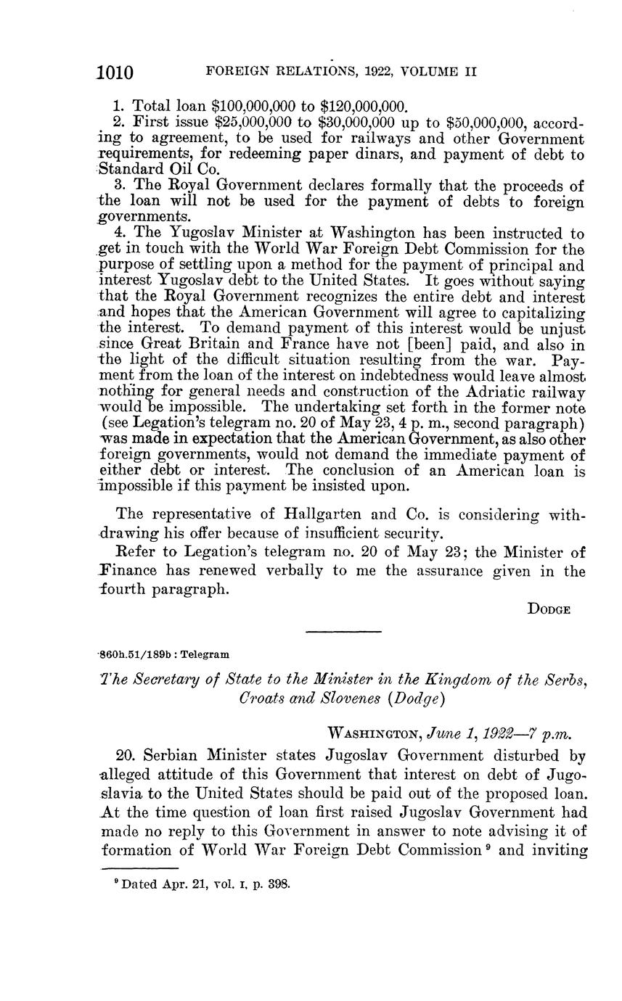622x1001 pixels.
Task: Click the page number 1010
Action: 115,73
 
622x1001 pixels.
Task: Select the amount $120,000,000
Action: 362,106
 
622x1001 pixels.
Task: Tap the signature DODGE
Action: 549,609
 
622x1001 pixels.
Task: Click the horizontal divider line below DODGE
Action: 343,632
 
